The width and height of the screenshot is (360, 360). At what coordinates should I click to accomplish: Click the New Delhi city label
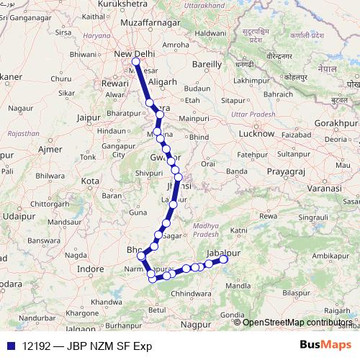coord(136,53)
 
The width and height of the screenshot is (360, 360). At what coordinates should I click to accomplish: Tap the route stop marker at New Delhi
coord(135,62)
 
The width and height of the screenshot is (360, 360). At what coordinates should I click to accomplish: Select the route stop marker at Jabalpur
coord(224,259)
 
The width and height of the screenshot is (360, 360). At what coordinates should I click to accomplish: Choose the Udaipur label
coord(19,215)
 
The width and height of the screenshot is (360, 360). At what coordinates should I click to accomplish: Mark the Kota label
coord(90,180)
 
